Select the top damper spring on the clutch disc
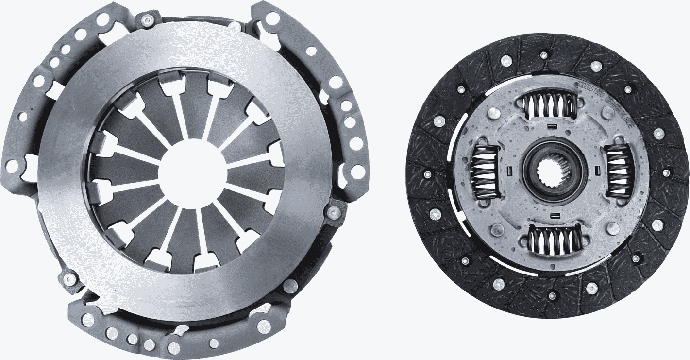click(x=551, y=106)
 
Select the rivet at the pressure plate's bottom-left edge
click(x=70, y=278)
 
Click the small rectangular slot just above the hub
click(x=551, y=127)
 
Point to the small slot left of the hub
click(x=509, y=171)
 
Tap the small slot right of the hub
click(x=596, y=171)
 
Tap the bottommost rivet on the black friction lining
click(x=552, y=296)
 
